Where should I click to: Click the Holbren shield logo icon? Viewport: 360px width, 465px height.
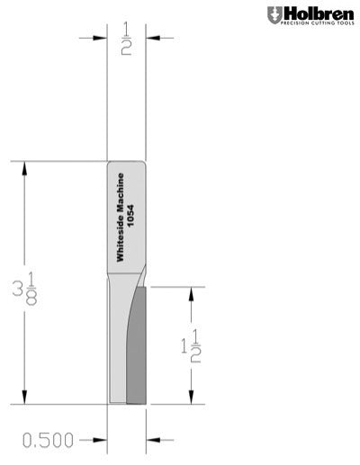coord(274,14)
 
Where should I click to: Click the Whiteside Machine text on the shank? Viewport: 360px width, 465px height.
coord(121,218)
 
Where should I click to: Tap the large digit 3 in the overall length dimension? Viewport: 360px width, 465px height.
coord(17,290)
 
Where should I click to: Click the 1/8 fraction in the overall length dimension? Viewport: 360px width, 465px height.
coord(31,290)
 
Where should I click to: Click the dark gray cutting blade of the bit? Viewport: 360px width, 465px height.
coord(137,351)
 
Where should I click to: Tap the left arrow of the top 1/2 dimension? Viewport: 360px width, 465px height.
coord(101,38)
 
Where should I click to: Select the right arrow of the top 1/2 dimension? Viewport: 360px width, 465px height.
coord(153,38)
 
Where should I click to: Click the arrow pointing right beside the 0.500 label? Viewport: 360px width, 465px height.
coord(101,440)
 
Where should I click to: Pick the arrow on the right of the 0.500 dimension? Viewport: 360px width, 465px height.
coord(153,440)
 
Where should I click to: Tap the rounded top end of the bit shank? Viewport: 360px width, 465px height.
coord(127,165)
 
